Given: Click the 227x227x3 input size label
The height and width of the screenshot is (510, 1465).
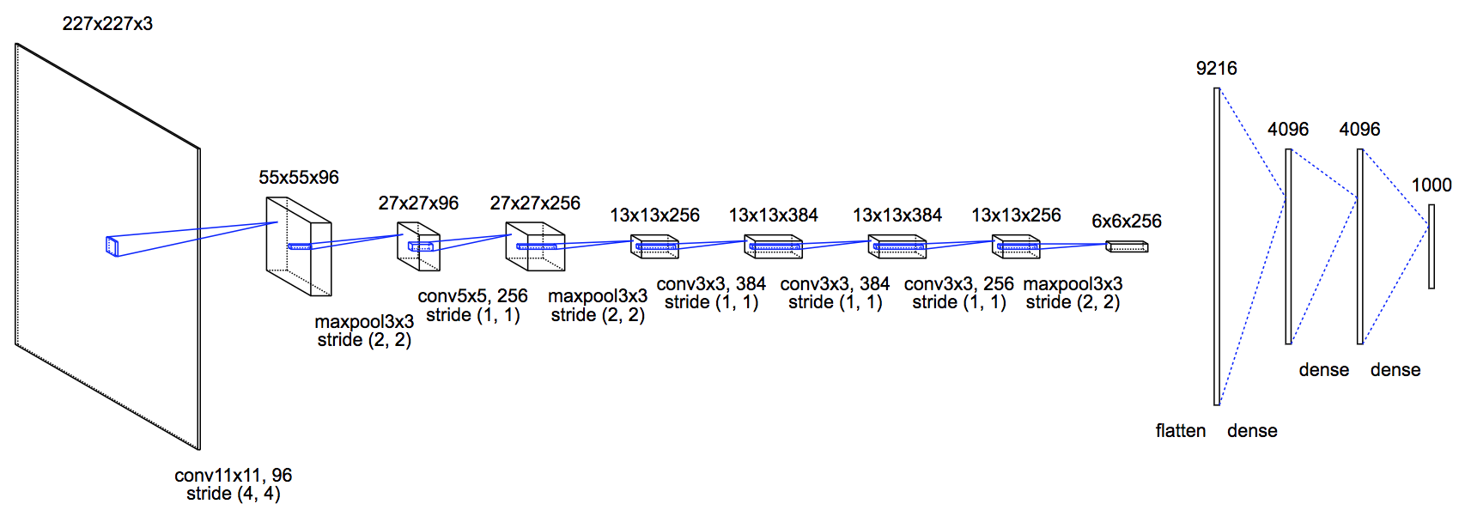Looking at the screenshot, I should pyautogui.click(x=107, y=24).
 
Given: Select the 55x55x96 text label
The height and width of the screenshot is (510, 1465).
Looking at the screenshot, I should pyautogui.click(x=299, y=178).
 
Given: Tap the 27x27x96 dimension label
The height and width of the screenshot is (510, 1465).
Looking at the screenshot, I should pyautogui.click(x=418, y=203).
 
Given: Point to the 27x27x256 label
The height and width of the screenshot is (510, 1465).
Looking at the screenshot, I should pyautogui.click(x=535, y=203).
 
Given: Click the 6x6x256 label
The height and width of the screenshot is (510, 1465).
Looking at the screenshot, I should pyautogui.click(x=1126, y=222).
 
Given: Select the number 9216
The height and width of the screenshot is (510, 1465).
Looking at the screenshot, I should pyautogui.click(x=1216, y=69).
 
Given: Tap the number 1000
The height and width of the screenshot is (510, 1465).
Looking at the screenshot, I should pyautogui.click(x=1432, y=185).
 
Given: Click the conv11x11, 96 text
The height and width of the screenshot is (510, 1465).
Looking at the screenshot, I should pyautogui.click(x=234, y=476).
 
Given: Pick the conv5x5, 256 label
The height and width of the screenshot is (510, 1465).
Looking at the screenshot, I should pyautogui.click(x=472, y=296).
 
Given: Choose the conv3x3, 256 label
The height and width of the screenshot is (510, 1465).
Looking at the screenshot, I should pyautogui.click(x=958, y=284).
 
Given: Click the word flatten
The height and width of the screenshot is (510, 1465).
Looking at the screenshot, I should pyautogui.click(x=1180, y=431).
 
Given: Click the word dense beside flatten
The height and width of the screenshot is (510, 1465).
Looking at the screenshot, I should pyautogui.click(x=1252, y=431).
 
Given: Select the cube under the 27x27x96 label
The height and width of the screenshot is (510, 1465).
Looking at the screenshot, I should pyautogui.click(x=418, y=246).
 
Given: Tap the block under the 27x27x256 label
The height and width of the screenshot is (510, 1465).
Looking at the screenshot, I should pyautogui.click(x=535, y=247).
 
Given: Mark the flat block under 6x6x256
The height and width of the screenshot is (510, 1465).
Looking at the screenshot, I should pyautogui.click(x=1127, y=247).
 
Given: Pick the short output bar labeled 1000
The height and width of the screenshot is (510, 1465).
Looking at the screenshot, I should pyautogui.click(x=1432, y=246).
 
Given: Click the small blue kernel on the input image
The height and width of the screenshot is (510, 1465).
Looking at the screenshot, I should pyautogui.click(x=112, y=246).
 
